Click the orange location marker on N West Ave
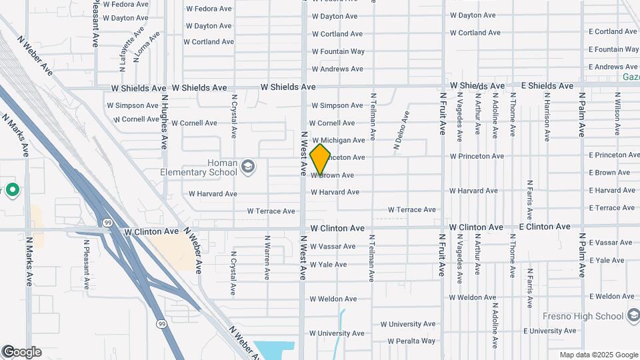pos(320,159)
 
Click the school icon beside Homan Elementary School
pos(248,165)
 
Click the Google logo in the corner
pos(21,352)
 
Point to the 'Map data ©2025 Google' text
pos(599,355)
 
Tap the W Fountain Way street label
pos(338,51)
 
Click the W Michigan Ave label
pos(338,140)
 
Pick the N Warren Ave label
pos(267,257)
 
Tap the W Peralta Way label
pos(407,341)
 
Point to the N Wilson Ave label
pos(617,114)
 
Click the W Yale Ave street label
pos(328,265)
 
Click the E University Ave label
pos(549,331)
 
